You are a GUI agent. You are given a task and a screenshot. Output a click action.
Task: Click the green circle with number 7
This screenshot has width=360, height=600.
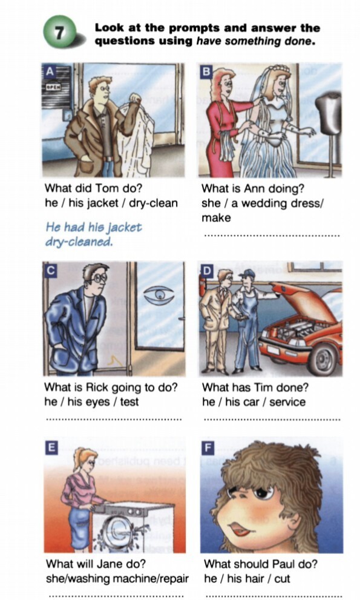[x=59, y=32]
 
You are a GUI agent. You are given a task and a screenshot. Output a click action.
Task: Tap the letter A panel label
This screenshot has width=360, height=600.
[x=50, y=71]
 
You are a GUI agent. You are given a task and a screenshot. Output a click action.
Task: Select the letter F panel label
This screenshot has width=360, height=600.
[x=208, y=447]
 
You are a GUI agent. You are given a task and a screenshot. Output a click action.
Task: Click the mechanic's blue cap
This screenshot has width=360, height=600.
[x=247, y=274]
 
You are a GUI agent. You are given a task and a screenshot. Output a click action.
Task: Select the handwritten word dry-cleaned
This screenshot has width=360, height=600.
[x=79, y=242]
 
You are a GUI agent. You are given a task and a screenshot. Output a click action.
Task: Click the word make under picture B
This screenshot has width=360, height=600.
[x=216, y=218]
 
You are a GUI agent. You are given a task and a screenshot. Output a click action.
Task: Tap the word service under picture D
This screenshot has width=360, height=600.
[x=287, y=402]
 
